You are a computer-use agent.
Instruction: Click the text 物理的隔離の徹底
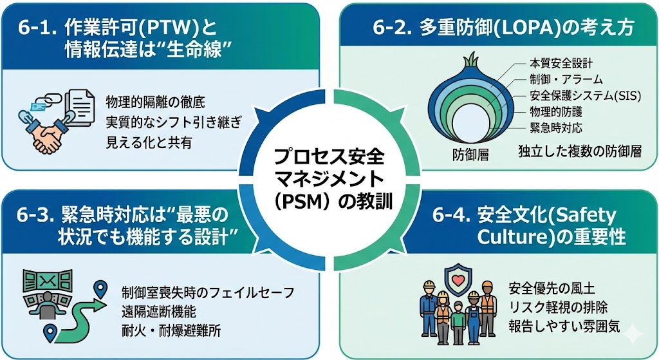[156, 102]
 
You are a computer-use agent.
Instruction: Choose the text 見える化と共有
[149, 142]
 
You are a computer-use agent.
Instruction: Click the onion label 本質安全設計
[561, 64]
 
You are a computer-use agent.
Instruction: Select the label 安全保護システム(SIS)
[585, 96]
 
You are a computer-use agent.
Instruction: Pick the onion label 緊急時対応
[555, 128]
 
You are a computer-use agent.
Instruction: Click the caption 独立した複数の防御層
[580, 151]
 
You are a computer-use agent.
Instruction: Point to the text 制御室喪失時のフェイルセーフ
[208, 292]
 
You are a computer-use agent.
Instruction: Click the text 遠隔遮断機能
[159, 311]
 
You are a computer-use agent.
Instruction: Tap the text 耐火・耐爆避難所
[171, 331]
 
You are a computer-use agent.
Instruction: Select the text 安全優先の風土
[552, 289]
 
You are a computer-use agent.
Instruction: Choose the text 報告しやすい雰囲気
[564, 327]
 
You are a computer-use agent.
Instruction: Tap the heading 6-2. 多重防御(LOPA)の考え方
[503, 28]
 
